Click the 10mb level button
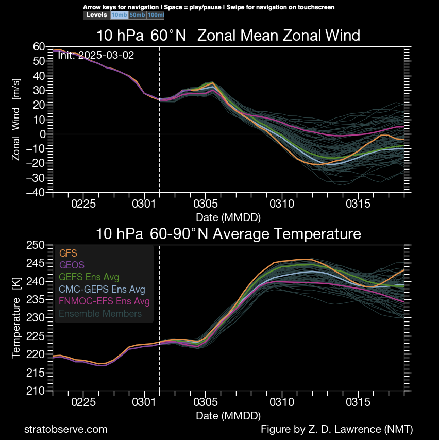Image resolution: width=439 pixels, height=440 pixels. pyautogui.click(x=119, y=15)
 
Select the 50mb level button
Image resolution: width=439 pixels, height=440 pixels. pyautogui.click(x=137, y=15)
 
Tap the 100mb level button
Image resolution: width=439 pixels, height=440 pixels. pyautogui.click(x=155, y=15)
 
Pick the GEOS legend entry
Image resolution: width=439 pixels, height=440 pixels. pyautogui.click(x=71, y=265)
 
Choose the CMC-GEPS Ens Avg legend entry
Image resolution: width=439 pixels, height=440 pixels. pyautogui.click(x=102, y=289)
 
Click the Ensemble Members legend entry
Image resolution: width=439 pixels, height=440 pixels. pyautogui.click(x=100, y=313)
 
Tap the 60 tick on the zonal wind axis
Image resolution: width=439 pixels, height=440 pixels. pyautogui.click(x=40, y=46)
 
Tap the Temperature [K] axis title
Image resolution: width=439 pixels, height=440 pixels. pyautogui.click(x=16, y=317)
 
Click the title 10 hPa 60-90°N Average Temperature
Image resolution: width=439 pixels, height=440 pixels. pyautogui.click(x=228, y=234)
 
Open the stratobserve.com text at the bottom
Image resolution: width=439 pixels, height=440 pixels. pyautogui.click(x=66, y=429)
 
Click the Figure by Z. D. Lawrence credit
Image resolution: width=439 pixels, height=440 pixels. pyautogui.click(x=337, y=429)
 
